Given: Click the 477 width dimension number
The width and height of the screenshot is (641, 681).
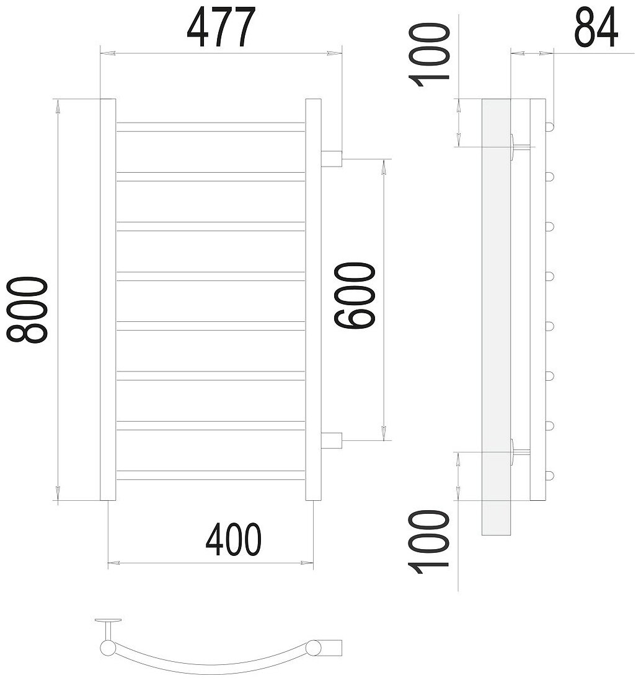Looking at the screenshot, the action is point(221,28).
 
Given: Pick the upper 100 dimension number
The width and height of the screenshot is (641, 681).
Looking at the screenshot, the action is point(428,56).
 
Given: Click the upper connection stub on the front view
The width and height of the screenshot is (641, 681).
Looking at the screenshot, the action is point(332,158).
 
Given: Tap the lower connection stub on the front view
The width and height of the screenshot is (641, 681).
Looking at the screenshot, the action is point(332,440).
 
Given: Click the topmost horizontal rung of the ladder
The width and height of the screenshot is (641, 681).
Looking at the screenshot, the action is point(211,127).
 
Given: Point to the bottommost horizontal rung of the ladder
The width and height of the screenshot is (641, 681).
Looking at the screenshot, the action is point(211,475).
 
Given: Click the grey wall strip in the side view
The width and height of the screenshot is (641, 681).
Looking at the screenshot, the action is point(495,316).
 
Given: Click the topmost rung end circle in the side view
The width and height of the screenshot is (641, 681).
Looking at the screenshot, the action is point(549,126).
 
